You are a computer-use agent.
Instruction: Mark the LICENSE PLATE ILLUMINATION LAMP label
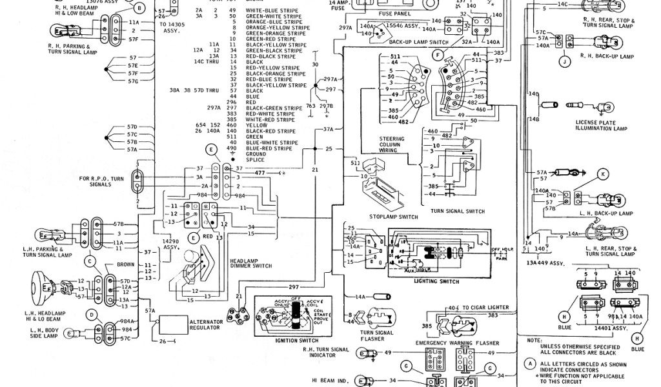click(x=602, y=125)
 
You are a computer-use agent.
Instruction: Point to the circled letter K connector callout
click(x=602, y=174)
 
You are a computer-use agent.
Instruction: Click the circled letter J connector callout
click(x=564, y=62)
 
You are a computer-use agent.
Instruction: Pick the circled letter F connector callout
click(x=438, y=56)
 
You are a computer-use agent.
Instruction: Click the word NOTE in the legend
click(x=534, y=339)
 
